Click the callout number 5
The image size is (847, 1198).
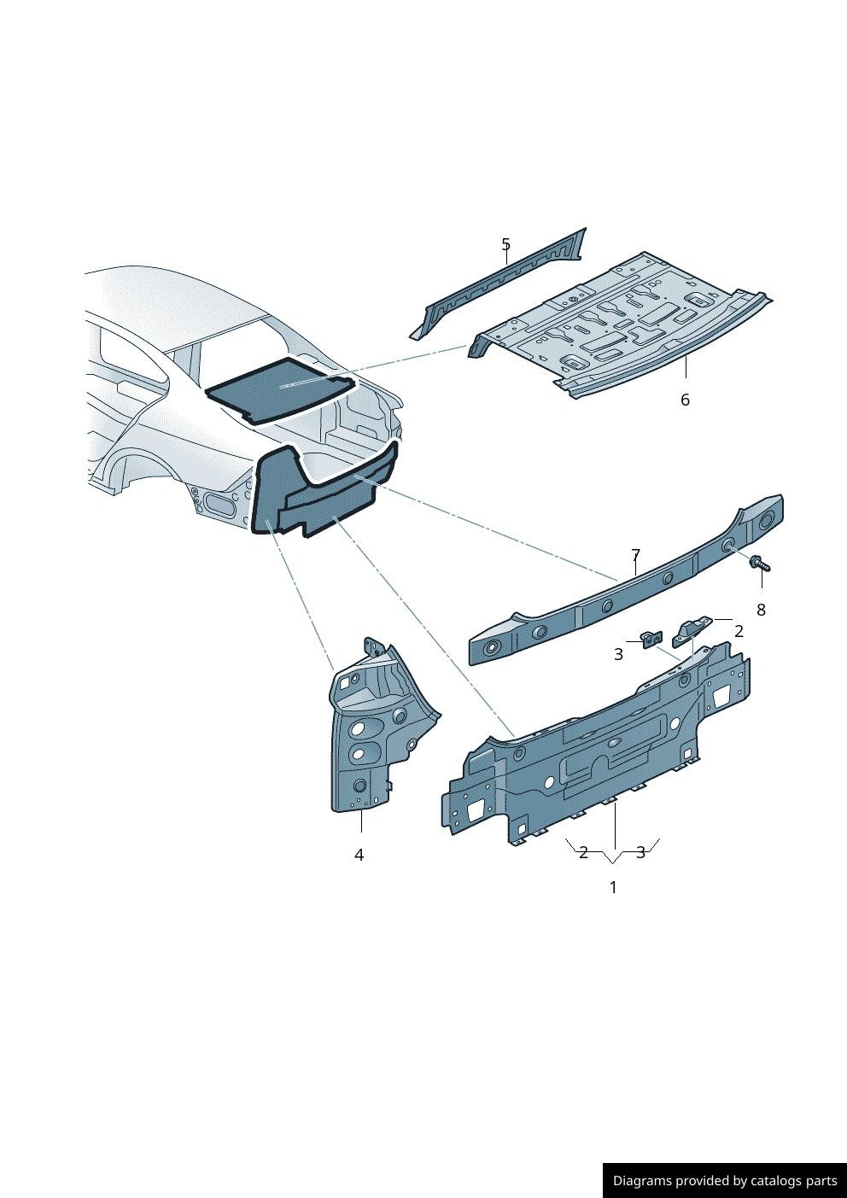click(505, 244)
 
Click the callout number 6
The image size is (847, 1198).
click(685, 400)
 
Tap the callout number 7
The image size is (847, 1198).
click(635, 555)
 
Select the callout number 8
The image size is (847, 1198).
click(761, 610)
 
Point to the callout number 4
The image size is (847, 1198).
click(359, 855)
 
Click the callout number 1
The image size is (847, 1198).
click(613, 887)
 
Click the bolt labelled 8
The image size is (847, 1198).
click(761, 564)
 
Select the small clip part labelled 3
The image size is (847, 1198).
click(651, 639)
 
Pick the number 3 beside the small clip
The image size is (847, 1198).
click(619, 654)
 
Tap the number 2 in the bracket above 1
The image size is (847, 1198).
click(583, 852)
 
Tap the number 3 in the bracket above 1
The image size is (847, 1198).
click(640, 852)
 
